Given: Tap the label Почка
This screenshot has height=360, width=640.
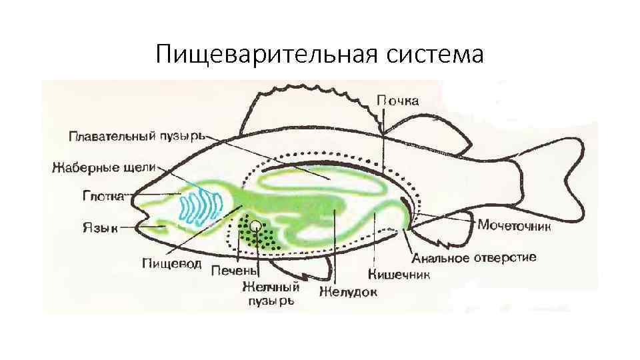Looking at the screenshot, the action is (398, 101).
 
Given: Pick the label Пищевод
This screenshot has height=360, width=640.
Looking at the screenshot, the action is (171, 263).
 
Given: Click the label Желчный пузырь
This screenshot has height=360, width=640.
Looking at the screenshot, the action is (270, 293).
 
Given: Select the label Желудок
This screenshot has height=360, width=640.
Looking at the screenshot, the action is (348, 291).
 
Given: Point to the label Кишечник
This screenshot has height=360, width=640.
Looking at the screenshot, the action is (399, 274).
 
